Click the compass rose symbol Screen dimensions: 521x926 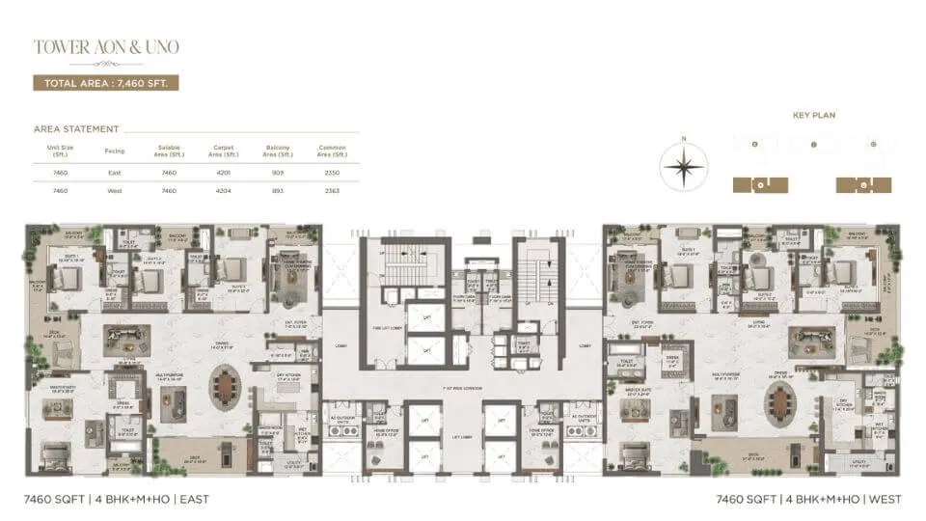[684, 167]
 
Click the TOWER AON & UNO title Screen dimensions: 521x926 [106, 46]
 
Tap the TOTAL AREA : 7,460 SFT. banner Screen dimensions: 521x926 [106, 83]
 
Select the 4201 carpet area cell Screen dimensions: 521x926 [223, 173]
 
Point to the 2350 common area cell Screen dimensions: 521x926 [332, 173]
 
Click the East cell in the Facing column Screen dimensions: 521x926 [115, 173]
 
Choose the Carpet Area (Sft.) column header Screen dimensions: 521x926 [223, 151]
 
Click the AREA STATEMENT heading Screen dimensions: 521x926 [76, 128]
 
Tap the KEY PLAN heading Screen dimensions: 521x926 [813, 115]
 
